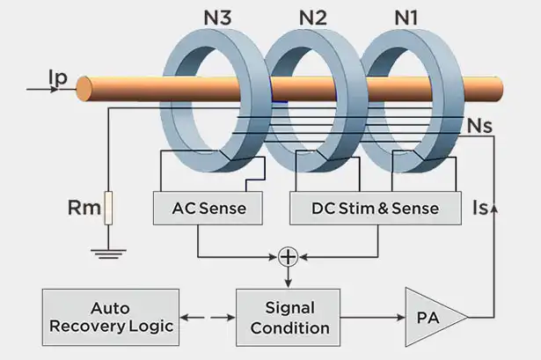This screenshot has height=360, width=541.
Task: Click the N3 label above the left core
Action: (x=217, y=18)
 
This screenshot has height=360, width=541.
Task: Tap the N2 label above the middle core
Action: (x=312, y=18)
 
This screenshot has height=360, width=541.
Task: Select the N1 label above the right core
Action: (x=406, y=18)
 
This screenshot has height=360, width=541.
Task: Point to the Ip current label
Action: (x=58, y=78)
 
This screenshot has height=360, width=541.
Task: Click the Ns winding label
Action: (x=479, y=126)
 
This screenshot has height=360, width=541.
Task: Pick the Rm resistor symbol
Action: (x=108, y=208)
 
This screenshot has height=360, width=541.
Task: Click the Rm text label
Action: (x=84, y=208)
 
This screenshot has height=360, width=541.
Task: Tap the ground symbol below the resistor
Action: (x=108, y=253)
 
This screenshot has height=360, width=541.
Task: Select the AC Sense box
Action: (x=208, y=208)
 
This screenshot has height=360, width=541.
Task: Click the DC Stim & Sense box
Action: (x=376, y=208)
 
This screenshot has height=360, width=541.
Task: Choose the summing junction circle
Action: (x=288, y=257)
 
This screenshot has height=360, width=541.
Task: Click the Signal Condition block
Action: (x=288, y=318)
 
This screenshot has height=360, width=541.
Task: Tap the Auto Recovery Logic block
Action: (x=111, y=317)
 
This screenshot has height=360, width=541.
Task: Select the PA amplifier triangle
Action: (x=435, y=317)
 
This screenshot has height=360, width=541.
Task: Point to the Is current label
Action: (x=481, y=208)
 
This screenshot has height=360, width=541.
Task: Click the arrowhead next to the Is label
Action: (x=494, y=208)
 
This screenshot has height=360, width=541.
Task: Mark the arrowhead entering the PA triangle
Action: (x=401, y=317)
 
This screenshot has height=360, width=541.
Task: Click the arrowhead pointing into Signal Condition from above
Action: (x=288, y=283)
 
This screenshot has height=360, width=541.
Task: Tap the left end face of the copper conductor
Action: (x=84, y=89)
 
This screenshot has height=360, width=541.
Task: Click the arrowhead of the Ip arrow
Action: (x=55, y=90)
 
